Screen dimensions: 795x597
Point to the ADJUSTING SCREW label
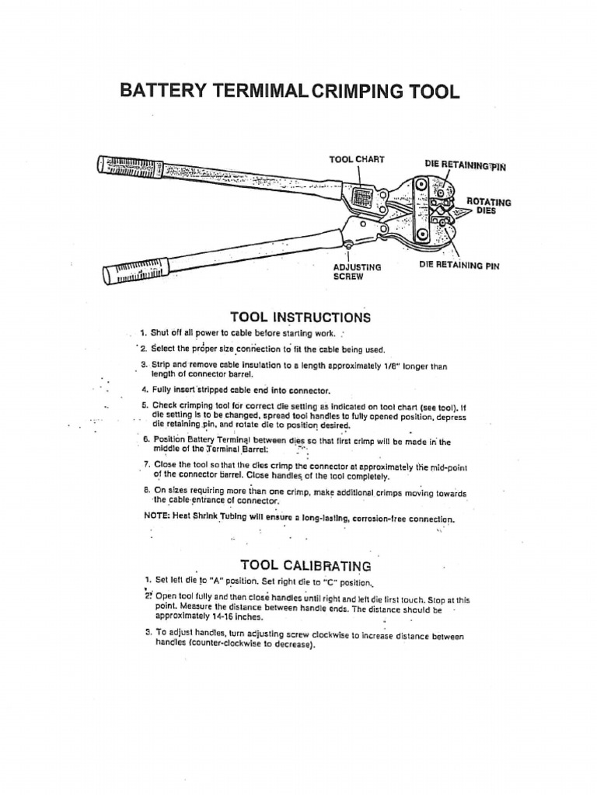tap(357, 272)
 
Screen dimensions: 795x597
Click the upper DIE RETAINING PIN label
tap(465, 165)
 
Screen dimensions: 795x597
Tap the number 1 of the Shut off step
tap(144, 333)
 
